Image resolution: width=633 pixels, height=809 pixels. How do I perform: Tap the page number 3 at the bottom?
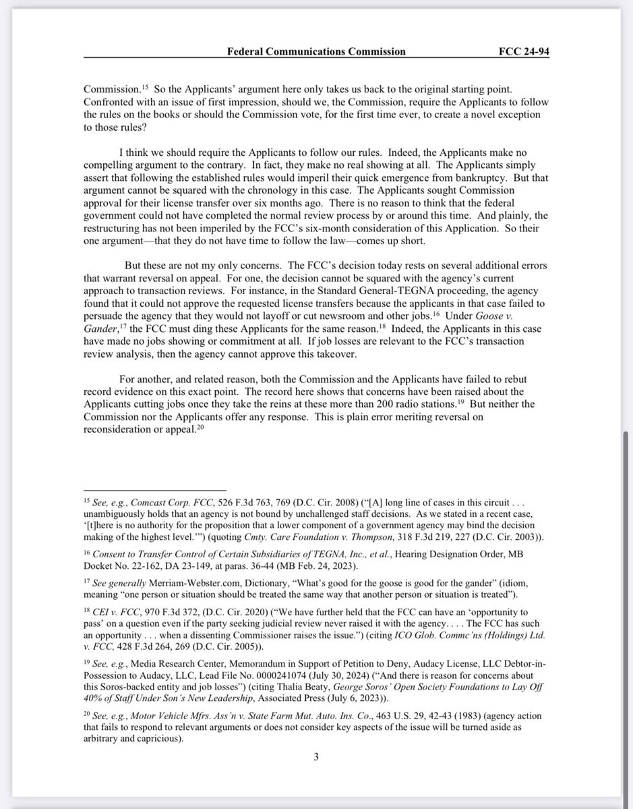315,756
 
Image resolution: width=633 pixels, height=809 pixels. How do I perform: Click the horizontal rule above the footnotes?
155,491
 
